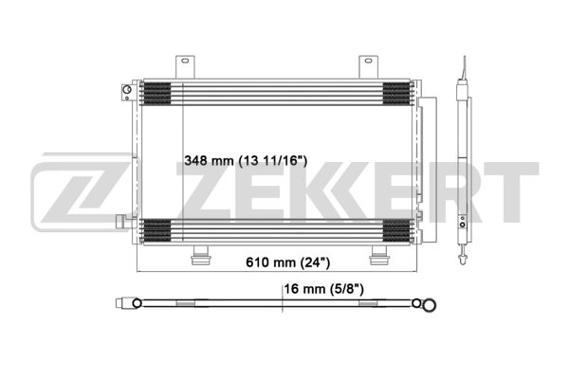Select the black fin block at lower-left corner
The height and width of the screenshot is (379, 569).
click(156, 228)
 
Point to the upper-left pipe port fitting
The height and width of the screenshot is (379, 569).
click(125, 92)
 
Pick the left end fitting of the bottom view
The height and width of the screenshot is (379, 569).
click(124, 304)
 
